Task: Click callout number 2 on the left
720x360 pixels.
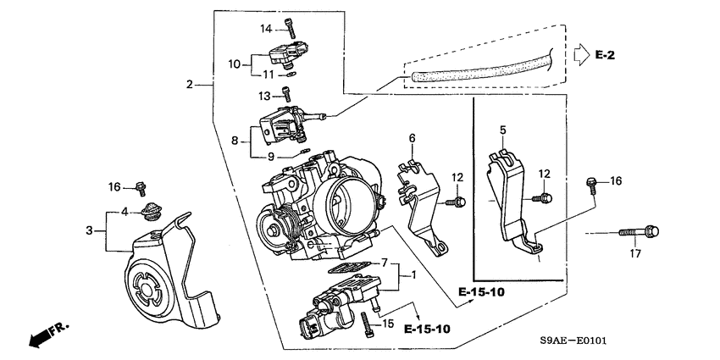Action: (191, 84)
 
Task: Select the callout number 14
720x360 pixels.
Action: (264, 30)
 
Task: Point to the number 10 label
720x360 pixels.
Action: (234, 63)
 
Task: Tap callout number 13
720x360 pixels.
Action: (263, 95)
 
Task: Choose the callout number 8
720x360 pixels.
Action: (234, 142)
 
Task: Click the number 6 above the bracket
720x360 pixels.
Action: (412, 138)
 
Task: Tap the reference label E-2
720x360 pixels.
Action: (603, 55)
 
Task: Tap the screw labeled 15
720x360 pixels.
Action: (366, 323)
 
